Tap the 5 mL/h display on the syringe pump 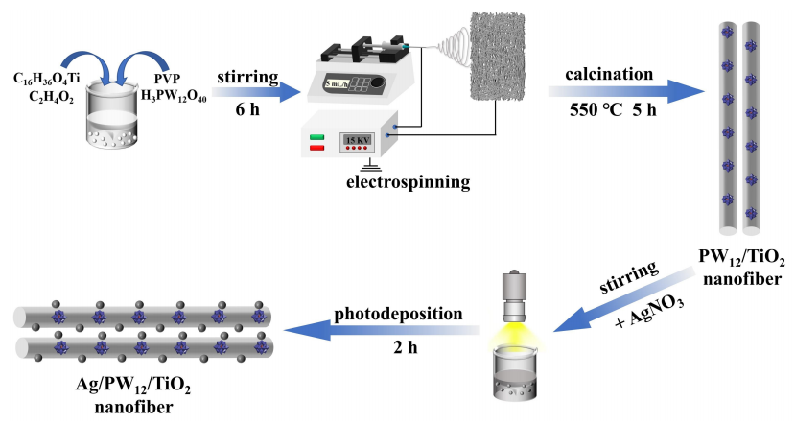click(x=335, y=84)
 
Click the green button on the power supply click(x=316, y=137)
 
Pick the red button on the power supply click(x=316, y=149)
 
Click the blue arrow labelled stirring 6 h click(x=246, y=92)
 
